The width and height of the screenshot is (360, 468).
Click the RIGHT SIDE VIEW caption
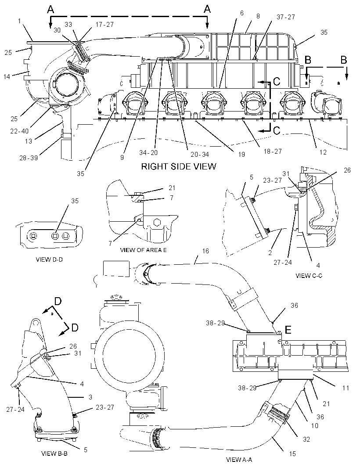click(x=179, y=166)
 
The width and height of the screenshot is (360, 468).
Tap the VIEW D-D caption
click(x=49, y=259)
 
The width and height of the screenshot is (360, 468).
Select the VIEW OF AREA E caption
click(x=143, y=250)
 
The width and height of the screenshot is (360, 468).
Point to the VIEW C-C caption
click(x=309, y=276)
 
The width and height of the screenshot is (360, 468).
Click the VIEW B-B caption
click(x=54, y=453)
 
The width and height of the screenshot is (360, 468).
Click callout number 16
click(x=205, y=251)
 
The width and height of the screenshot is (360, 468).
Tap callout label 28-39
click(x=29, y=158)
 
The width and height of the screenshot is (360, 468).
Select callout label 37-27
click(x=286, y=17)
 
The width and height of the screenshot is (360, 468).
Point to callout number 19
click(x=241, y=154)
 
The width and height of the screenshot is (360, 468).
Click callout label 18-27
click(x=273, y=151)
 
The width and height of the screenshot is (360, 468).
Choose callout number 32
click(x=306, y=439)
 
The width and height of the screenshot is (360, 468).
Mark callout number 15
click(x=292, y=454)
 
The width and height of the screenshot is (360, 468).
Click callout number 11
click(x=346, y=388)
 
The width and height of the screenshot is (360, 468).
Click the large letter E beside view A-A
click(x=288, y=330)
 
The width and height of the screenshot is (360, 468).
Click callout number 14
click(x=7, y=77)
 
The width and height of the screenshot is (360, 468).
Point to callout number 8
click(x=258, y=16)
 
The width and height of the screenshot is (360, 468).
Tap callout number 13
click(x=29, y=141)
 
